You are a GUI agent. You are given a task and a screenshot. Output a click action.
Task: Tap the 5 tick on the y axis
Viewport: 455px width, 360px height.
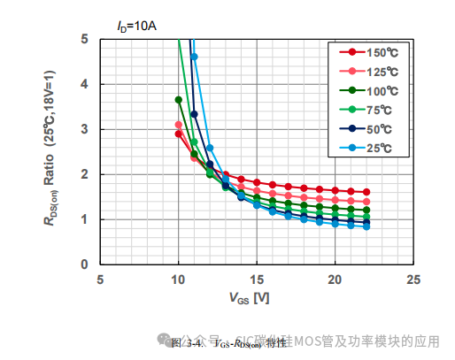tap(84, 39)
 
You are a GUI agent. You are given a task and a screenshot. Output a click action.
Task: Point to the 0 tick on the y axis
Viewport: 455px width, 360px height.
tap(84, 264)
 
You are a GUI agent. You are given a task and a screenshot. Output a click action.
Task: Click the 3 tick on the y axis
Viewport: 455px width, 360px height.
tap(84, 129)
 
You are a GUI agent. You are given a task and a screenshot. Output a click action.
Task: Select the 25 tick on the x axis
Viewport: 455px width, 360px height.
tap(413, 280)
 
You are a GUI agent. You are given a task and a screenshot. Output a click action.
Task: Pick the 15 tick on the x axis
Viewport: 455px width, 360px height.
tap(257, 280)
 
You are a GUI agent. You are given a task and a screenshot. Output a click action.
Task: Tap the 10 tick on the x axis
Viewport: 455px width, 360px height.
tap(178, 280)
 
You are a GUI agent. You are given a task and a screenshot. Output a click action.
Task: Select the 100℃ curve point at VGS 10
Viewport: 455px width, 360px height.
tap(179, 100)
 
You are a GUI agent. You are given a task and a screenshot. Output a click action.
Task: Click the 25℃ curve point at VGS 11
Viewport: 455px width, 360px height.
tap(194, 57)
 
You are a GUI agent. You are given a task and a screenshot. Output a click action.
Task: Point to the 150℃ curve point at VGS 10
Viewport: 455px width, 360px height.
tap(179, 134)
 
